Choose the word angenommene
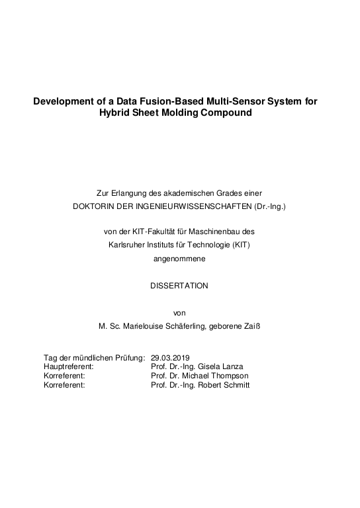pos(180,258)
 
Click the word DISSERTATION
pos(180,286)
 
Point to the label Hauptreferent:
pos(68,366)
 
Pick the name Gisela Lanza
pos(221,366)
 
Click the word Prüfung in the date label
pos(128,358)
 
